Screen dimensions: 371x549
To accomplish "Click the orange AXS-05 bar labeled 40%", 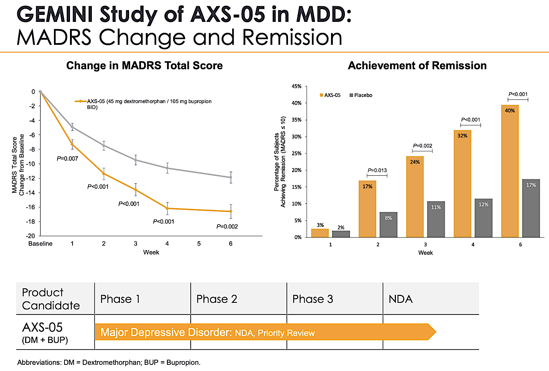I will click(510, 171).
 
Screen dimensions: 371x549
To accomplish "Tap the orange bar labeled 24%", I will click(415, 197).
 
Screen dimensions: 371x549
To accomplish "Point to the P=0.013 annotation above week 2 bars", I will click(377, 170).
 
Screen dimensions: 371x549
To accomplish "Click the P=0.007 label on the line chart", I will click(67, 159).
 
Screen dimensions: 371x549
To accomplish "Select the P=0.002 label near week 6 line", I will click(227, 226).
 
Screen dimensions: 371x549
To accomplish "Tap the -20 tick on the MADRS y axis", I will click(31, 236).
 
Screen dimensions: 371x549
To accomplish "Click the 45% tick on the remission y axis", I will click(297, 86).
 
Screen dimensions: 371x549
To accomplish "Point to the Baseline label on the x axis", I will click(40, 243).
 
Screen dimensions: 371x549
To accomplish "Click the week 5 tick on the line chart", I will click(199, 243).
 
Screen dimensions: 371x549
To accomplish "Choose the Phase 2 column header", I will click(217, 299).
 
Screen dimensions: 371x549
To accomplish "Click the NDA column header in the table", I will click(401, 299).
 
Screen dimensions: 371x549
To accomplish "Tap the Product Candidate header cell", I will click(51, 299).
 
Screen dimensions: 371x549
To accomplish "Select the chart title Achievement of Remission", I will click(417, 66).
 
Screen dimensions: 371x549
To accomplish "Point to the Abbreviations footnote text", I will click(109, 363).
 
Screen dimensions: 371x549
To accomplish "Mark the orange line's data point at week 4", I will click(167, 208).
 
